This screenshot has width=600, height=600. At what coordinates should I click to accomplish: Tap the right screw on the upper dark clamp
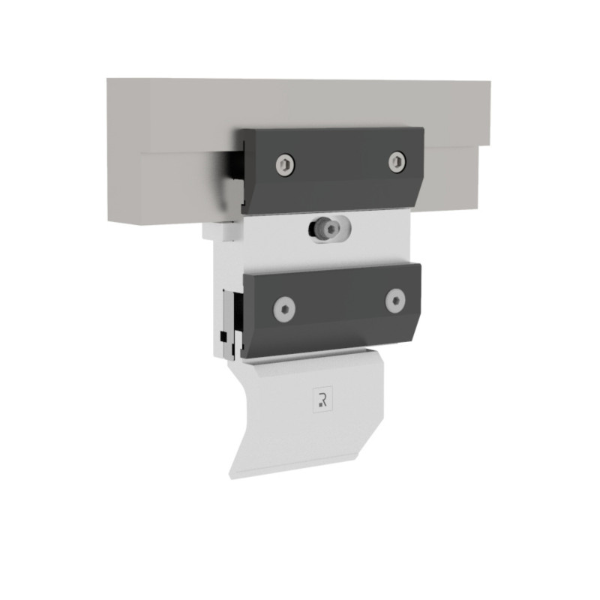(397, 160)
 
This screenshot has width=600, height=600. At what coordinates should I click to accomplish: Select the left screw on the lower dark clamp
(284, 307)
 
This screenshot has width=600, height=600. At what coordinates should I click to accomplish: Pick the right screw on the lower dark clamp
(395, 301)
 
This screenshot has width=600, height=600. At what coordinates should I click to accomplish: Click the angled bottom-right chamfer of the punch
(367, 442)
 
